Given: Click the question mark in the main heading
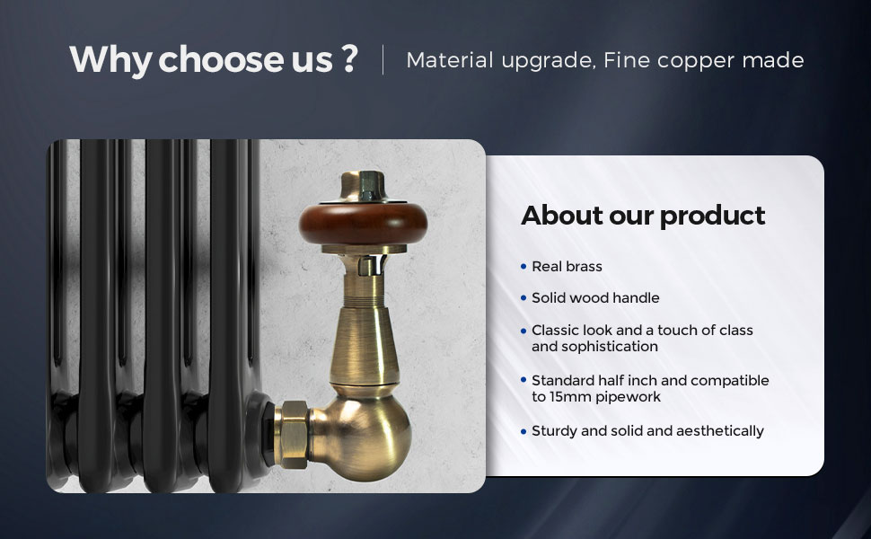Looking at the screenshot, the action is [349, 58].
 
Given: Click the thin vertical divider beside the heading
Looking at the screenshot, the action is [383, 59].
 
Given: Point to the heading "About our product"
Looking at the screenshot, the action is [643, 216].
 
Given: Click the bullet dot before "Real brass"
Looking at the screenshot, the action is [523, 267].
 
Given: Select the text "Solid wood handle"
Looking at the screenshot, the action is [595, 298].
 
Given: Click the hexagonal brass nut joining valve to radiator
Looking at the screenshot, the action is [292, 434].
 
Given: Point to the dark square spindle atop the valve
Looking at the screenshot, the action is [368, 186].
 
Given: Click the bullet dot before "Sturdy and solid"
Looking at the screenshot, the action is [523, 432].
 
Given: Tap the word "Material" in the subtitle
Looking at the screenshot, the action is [450, 60].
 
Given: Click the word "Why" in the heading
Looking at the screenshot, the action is [110, 60].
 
